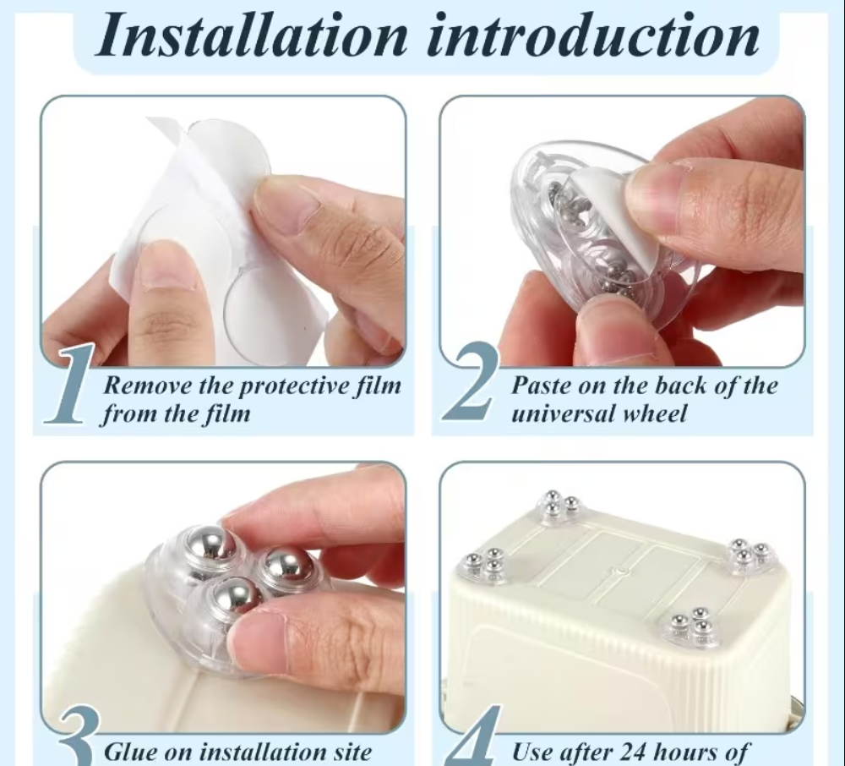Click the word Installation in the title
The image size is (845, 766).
point(252,34)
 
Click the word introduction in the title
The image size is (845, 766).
point(593,34)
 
